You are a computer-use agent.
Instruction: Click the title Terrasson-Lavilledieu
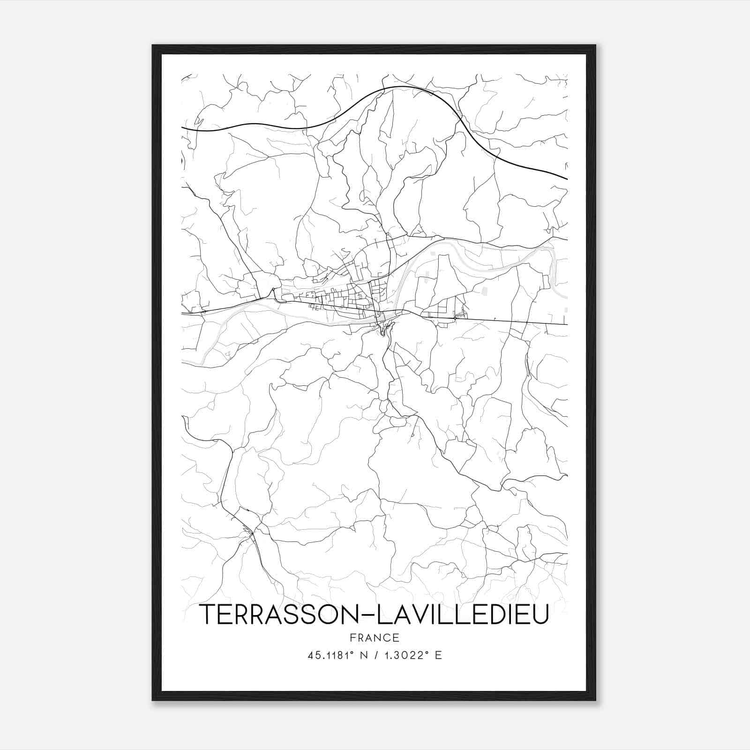pyautogui.click(x=374, y=615)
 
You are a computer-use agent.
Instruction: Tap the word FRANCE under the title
pyautogui.click(x=374, y=637)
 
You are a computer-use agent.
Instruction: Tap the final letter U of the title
pyautogui.click(x=540, y=615)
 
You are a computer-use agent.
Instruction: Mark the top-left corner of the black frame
pyautogui.click(x=153, y=45)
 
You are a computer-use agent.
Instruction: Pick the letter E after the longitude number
pyautogui.click(x=439, y=655)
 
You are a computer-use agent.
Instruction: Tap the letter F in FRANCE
pyautogui.click(x=352, y=637)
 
